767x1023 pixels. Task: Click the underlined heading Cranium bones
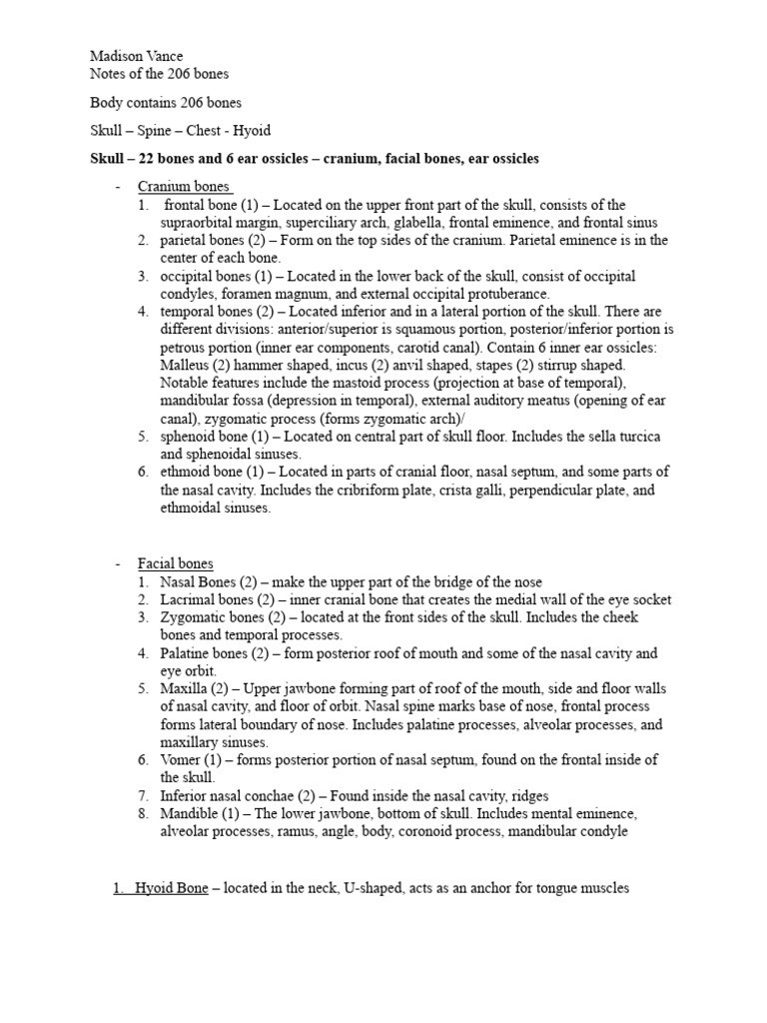click(x=185, y=187)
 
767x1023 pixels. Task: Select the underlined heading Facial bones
click(x=175, y=564)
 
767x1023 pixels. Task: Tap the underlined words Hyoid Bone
click(x=171, y=887)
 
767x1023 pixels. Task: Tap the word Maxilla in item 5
click(x=184, y=689)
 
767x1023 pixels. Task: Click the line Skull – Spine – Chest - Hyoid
click(x=180, y=131)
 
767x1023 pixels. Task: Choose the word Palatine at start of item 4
click(x=186, y=653)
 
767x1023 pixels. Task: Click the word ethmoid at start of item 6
click(x=186, y=473)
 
